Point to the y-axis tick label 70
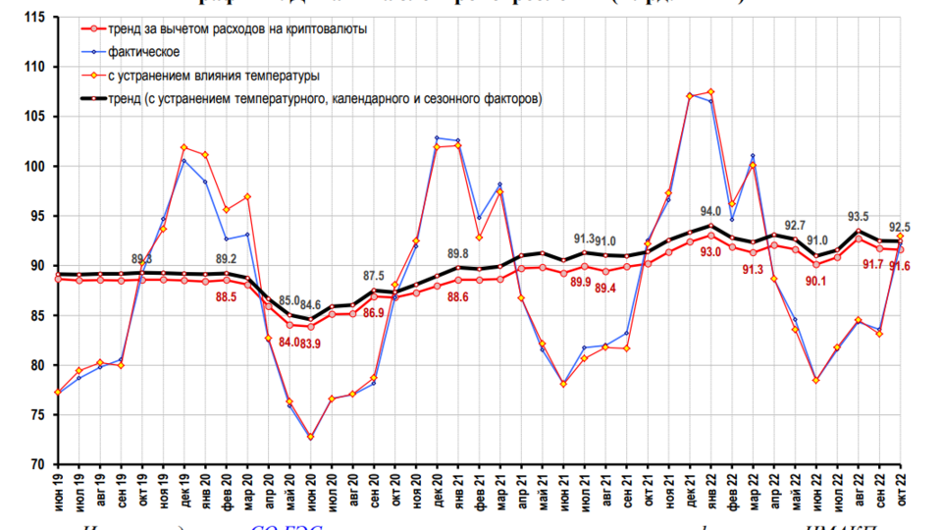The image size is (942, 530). (x=37, y=464)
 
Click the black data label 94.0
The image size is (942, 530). (x=709, y=211)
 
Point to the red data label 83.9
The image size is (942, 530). (x=311, y=343)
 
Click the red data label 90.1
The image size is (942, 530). (x=816, y=281)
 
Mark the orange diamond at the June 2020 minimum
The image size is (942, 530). (x=311, y=436)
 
